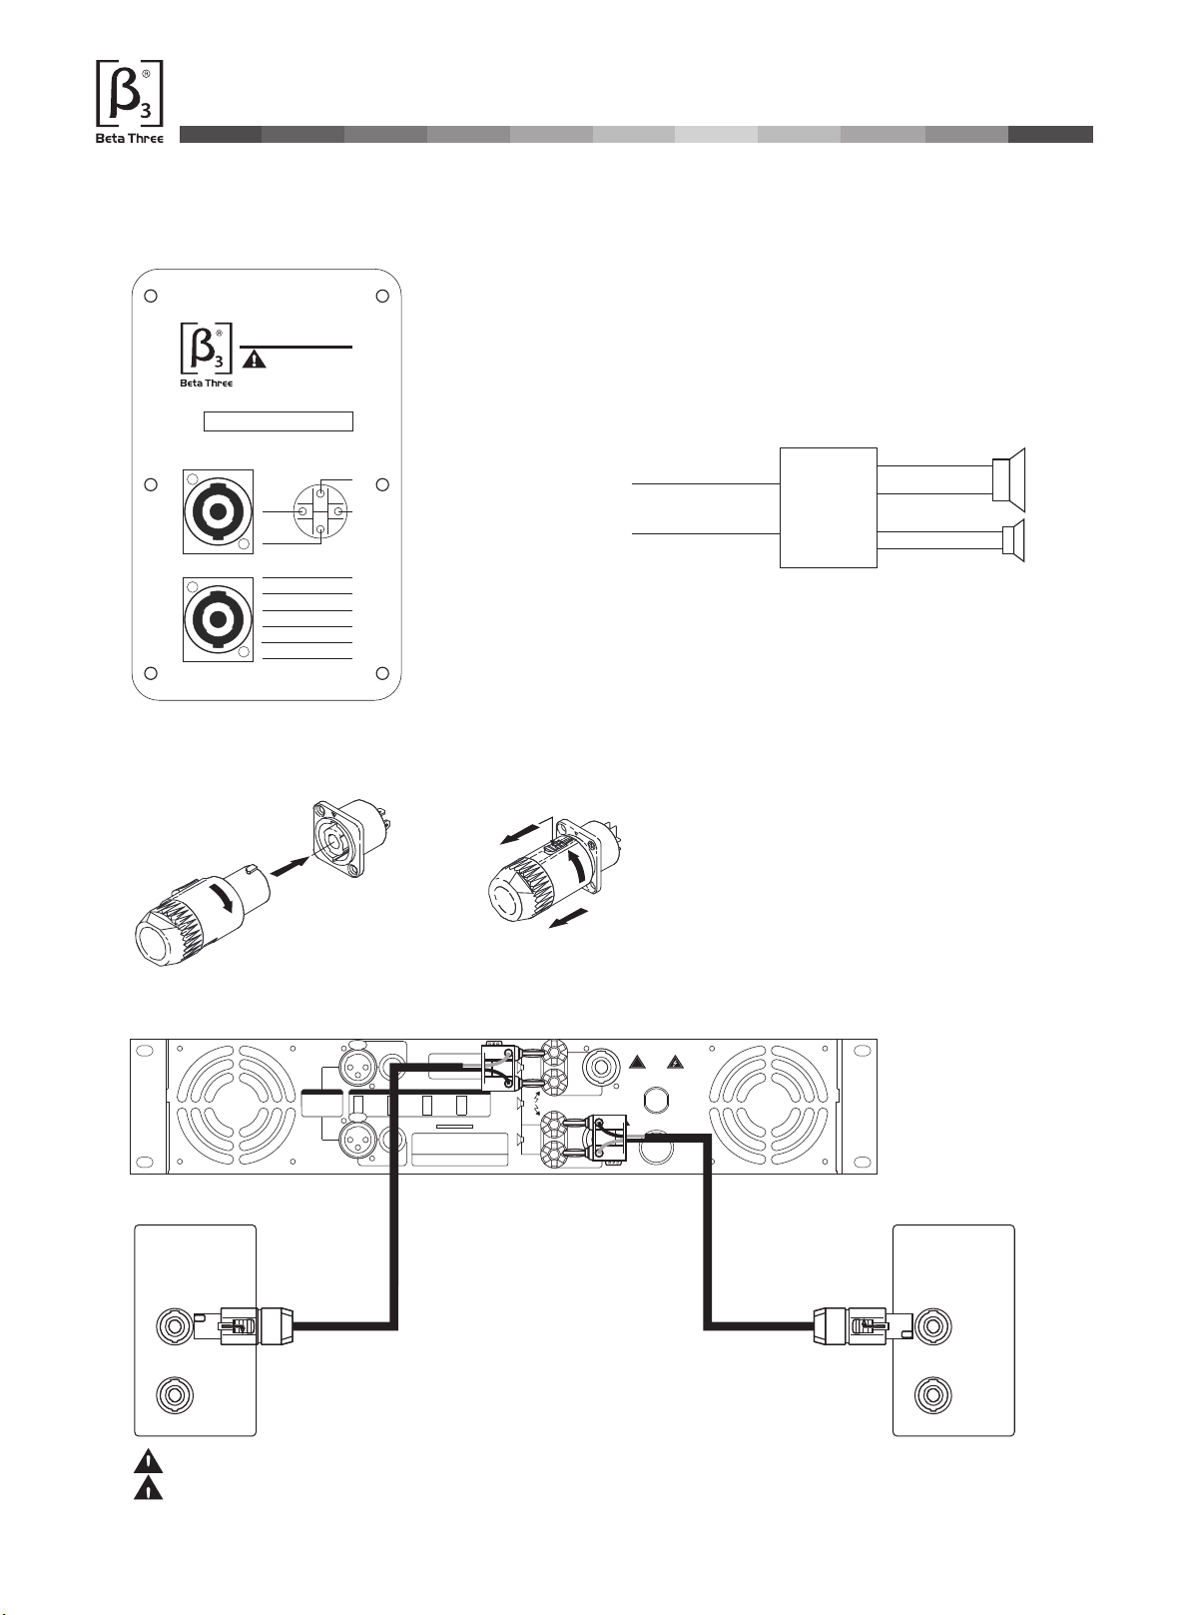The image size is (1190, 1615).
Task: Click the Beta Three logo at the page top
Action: click(x=130, y=102)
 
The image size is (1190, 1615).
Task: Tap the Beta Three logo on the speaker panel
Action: click(x=206, y=355)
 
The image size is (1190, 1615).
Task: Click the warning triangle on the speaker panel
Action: click(x=254, y=359)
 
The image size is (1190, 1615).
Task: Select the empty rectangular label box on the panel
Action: click(x=279, y=421)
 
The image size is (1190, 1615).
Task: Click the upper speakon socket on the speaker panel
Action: click(x=218, y=512)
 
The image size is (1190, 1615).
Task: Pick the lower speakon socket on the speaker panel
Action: click(x=218, y=619)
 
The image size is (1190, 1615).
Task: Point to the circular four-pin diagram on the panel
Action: click(x=320, y=511)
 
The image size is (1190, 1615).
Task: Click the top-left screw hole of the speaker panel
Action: click(x=151, y=296)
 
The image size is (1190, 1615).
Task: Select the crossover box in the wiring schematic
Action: click(x=829, y=507)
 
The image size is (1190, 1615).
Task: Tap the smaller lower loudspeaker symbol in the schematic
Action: click(x=1012, y=540)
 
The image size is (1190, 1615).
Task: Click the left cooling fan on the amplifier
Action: click(x=237, y=1107)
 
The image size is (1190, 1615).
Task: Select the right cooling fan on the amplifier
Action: click(x=769, y=1107)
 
